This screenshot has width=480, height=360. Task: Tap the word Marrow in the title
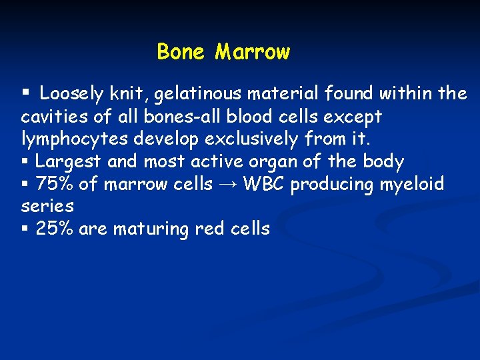[253, 51]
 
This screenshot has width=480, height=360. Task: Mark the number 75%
[55, 183]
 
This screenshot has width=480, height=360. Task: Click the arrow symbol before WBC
[228, 184]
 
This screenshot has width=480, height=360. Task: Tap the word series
[47, 207]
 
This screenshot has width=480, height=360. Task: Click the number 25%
[55, 229]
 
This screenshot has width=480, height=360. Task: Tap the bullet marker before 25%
[25, 229]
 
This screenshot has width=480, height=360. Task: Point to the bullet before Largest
[25, 161]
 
